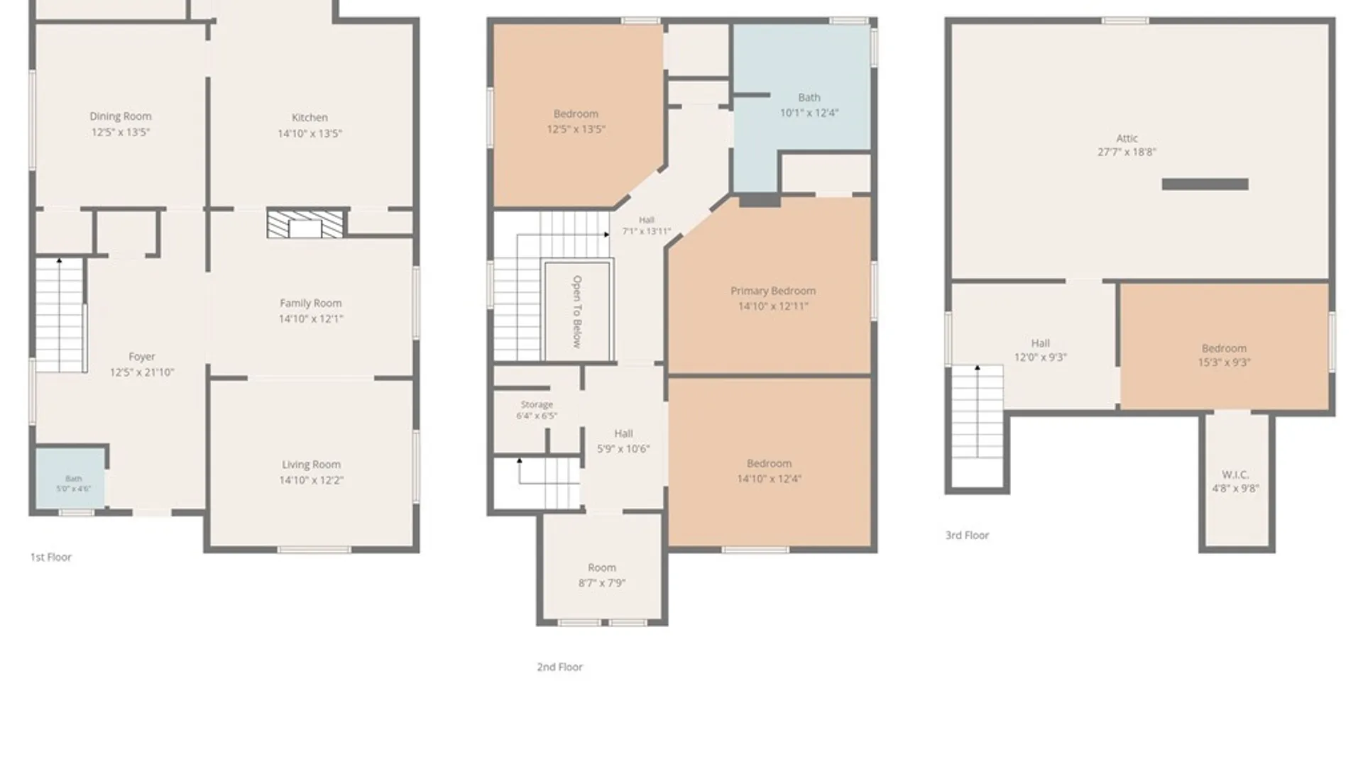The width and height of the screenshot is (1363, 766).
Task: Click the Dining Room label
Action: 121,116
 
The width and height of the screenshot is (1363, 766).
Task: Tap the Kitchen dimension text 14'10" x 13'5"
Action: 310,133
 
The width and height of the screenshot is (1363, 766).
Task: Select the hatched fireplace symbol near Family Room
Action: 305,223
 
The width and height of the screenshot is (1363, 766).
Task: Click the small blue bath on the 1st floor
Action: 70,477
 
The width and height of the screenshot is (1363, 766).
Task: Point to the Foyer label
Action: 142,357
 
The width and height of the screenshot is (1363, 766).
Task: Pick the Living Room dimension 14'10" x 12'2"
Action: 311,480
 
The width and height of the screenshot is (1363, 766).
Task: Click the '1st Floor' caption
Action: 51,557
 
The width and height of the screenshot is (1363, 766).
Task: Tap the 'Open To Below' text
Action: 577,311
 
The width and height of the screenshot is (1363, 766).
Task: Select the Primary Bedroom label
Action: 773,291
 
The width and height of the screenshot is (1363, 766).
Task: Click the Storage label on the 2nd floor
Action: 537,404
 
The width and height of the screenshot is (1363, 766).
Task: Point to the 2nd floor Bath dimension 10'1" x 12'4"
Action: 809,112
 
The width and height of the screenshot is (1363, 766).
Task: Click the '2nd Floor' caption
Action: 560,667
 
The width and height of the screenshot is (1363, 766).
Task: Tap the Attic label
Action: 1127,138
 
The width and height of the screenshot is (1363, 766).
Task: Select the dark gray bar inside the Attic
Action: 1205,184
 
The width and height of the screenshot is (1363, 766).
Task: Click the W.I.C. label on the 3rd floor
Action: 1235,474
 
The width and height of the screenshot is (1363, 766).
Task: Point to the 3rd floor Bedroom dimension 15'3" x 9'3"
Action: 1225,362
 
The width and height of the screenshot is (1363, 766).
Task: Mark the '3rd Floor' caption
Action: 967,535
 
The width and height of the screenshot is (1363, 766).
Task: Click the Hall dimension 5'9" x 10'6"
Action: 623,449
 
